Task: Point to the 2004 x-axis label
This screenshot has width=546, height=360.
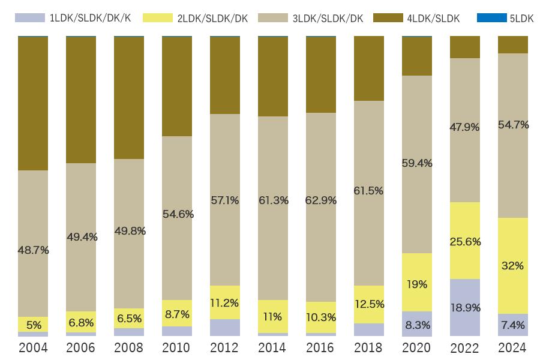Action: click(x=33, y=348)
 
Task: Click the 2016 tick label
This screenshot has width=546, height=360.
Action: click(x=321, y=348)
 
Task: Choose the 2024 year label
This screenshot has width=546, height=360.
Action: click(x=513, y=348)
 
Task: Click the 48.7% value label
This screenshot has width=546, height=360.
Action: click(x=33, y=250)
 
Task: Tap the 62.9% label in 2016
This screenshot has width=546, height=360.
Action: click(x=321, y=200)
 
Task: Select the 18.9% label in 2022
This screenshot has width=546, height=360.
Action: click(x=465, y=308)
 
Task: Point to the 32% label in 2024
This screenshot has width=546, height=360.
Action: click(x=513, y=266)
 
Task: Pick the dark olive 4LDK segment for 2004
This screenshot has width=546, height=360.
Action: click(x=33, y=103)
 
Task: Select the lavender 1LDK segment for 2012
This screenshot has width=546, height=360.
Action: click(x=225, y=328)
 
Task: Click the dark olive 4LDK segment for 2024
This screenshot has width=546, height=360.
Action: click(x=513, y=45)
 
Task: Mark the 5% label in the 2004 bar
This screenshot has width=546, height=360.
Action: click(x=33, y=326)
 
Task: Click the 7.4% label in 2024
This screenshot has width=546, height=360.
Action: click(x=513, y=325)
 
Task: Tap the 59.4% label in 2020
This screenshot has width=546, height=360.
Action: click(x=417, y=163)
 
